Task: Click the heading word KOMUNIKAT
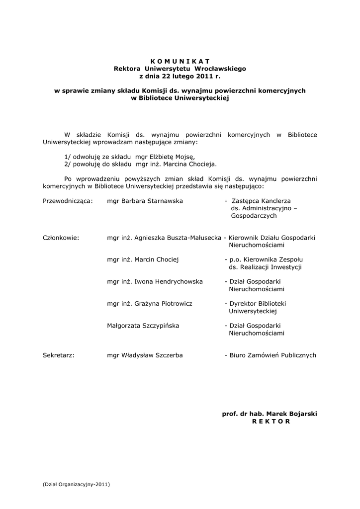[x=180, y=61]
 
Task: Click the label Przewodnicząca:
[x=68, y=201]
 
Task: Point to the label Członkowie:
[x=61, y=238]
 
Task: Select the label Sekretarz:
[x=59, y=355]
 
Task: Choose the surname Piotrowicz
[x=174, y=303]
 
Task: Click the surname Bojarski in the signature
[x=300, y=414]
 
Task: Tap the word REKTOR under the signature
[x=270, y=421]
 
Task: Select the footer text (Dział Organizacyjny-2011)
[x=76, y=484]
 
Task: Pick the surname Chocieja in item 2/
[x=202, y=164]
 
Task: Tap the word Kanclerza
[x=278, y=201]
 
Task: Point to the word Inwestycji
[x=285, y=267]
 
